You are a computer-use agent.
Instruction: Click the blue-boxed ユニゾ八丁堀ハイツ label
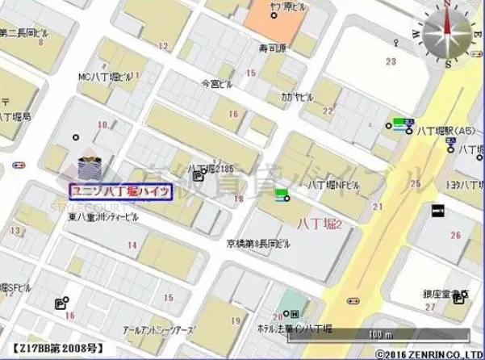point(121,191)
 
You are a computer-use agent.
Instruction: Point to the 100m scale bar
point(373,333)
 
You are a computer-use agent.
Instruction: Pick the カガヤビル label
point(298,96)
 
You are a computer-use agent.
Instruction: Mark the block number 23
point(392,61)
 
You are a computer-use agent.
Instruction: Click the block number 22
point(328,111)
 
